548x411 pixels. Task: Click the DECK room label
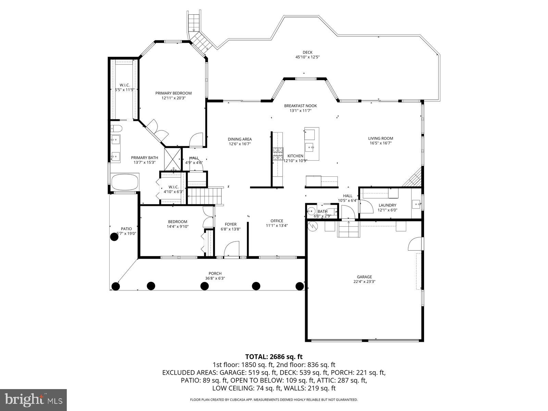pos(307,52)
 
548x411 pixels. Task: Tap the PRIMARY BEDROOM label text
pos(173,93)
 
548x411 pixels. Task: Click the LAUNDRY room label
pos(387,205)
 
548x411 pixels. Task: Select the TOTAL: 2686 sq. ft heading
pos(274,357)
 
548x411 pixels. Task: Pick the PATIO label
pos(126,229)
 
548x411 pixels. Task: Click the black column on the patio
pos(114,236)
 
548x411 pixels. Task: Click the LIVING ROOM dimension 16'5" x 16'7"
pos(381,144)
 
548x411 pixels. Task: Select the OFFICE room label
pos(277,221)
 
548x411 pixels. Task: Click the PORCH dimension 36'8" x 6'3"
pos(215,278)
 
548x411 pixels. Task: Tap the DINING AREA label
pos(240,139)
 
